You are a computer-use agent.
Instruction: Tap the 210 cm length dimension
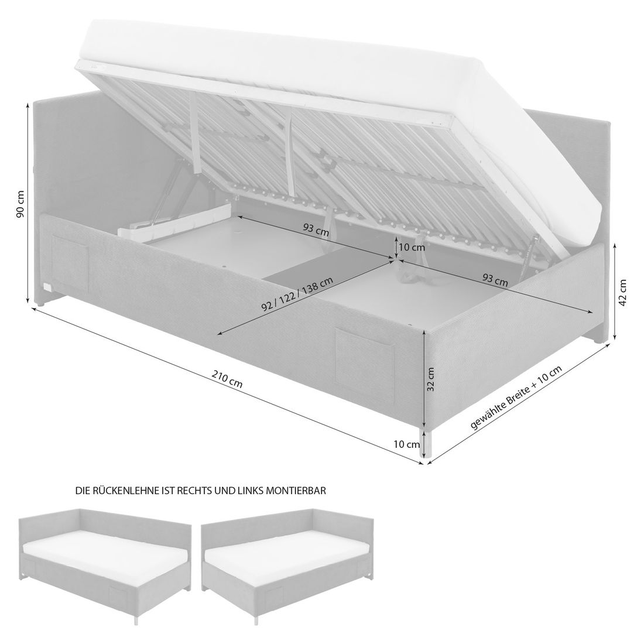(x=227, y=379)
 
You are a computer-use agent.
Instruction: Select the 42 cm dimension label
(x=623, y=293)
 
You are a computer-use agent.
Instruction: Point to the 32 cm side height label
(x=430, y=379)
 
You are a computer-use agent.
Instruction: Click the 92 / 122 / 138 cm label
(x=297, y=294)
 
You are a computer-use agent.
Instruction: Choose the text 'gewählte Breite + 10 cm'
(x=516, y=398)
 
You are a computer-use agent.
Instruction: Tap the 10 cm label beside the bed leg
(x=407, y=444)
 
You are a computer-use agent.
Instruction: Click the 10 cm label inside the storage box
(x=412, y=247)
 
